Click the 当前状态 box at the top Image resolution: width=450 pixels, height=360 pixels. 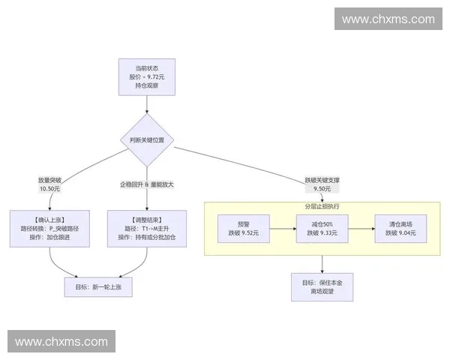tap(147, 77)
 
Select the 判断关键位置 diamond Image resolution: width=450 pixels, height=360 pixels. tap(147, 140)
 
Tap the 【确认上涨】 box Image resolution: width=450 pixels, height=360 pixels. tap(49, 228)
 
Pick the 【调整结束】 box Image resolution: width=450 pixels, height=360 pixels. tap(147, 228)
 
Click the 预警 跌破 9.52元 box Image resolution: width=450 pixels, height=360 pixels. tap(244, 229)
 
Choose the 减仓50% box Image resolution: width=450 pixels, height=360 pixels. tap(322, 229)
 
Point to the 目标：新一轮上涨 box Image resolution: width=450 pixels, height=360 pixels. tap(98, 286)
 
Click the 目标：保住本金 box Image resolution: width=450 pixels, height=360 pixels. tap(322, 286)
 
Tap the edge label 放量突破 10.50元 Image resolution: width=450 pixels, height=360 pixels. tap(49, 184)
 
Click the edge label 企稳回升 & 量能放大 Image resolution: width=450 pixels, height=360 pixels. tap(147, 184)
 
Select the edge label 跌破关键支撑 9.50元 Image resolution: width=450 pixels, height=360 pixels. tap(322, 184)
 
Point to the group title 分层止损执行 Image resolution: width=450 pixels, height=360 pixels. tap(322, 205)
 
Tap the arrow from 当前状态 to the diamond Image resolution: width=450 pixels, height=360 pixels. tap(147, 104)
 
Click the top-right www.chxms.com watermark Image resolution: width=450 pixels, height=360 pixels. tap(387, 19)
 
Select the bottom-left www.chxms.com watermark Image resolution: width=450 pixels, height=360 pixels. tap(62, 341)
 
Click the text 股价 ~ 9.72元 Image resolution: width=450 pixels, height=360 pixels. tap(147, 77)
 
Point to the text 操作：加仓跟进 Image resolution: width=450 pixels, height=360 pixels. tap(49, 238)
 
